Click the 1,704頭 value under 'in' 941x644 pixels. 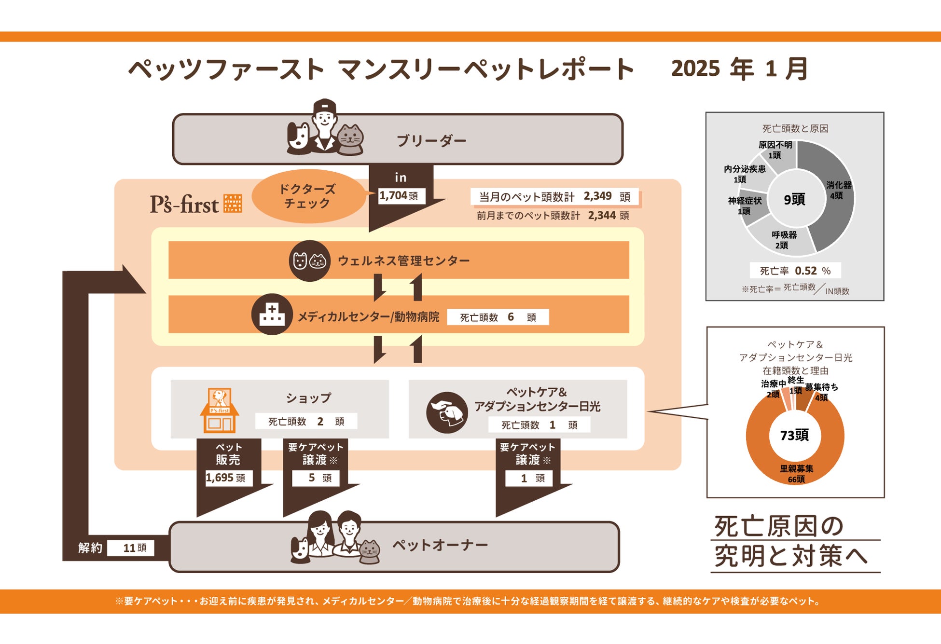click(x=399, y=196)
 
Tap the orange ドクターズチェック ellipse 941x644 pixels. click(x=307, y=196)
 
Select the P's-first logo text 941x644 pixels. click(x=184, y=205)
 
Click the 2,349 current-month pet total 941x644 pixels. click(x=597, y=196)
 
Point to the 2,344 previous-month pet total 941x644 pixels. click(x=601, y=216)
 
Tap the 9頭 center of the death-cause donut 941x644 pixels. click(x=794, y=199)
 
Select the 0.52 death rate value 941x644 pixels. click(x=806, y=271)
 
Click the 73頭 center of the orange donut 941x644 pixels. click(x=794, y=435)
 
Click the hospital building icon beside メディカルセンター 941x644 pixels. click(x=272, y=315)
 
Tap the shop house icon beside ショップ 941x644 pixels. click(x=220, y=410)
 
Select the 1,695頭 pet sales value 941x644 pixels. click(x=225, y=478)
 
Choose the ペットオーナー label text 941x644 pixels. click(x=440, y=546)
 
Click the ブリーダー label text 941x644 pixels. click(x=431, y=141)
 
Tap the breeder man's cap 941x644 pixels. click(x=324, y=105)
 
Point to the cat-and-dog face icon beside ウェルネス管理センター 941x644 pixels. click(x=309, y=261)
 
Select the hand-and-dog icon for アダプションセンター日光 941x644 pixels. click(x=447, y=412)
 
